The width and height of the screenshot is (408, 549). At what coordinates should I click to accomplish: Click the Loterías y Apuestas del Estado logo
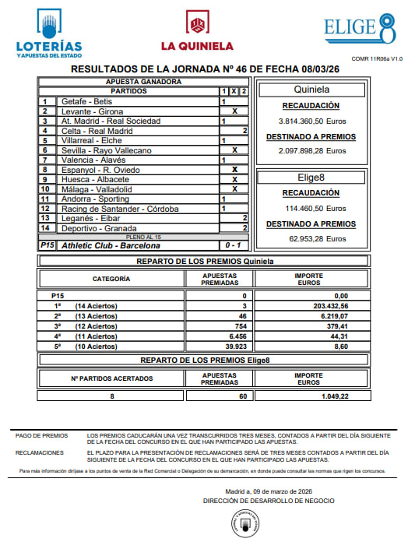point(49,32)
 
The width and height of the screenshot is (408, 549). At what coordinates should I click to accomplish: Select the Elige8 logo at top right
point(360,28)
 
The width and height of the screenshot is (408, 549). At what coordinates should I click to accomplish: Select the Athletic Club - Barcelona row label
point(105,246)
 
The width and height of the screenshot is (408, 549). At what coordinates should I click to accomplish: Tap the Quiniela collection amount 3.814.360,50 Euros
point(312,121)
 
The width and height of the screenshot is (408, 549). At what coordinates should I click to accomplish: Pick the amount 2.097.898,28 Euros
point(312,151)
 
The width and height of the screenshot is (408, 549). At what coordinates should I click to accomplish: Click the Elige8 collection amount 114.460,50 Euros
point(312,209)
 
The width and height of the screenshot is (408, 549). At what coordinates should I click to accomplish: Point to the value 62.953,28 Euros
point(312,239)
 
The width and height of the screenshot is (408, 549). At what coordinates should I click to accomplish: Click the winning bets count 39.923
point(234,347)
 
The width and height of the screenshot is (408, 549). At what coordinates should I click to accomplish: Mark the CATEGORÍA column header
point(111,278)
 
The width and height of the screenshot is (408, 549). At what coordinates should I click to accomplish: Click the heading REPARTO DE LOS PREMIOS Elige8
point(204,361)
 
